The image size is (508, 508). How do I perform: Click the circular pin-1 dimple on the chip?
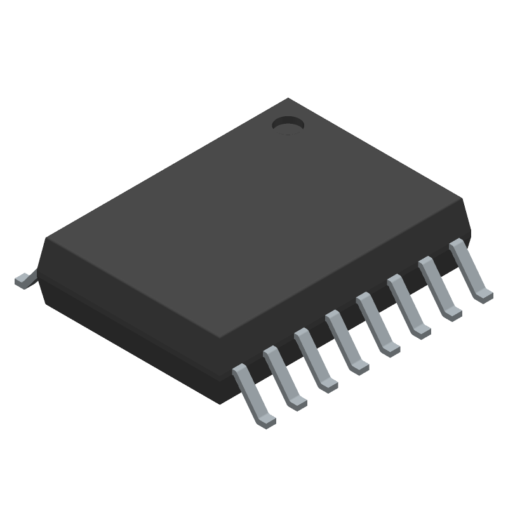288,125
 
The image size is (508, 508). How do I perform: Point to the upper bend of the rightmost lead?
456,245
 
